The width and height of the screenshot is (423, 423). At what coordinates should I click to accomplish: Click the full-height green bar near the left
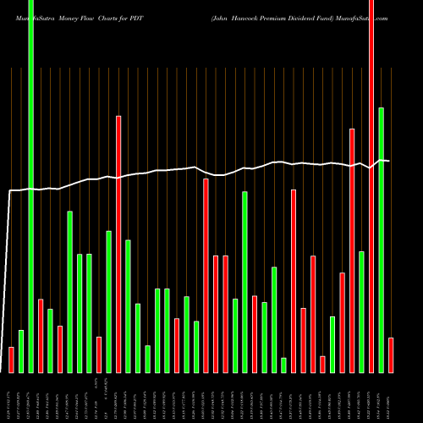click(x=31, y=186)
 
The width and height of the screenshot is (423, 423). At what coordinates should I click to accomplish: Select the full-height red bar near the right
click(x=371, y=186)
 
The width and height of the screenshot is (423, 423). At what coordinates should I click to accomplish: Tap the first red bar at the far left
click(x=12, y=360)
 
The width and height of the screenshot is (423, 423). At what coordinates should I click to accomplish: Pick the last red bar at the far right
click(x=391, y=354)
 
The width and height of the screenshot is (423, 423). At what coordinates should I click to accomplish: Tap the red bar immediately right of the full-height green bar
click(x=41, y=336)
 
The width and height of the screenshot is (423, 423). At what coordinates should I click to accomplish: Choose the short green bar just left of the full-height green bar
click(x=21, y=351)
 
